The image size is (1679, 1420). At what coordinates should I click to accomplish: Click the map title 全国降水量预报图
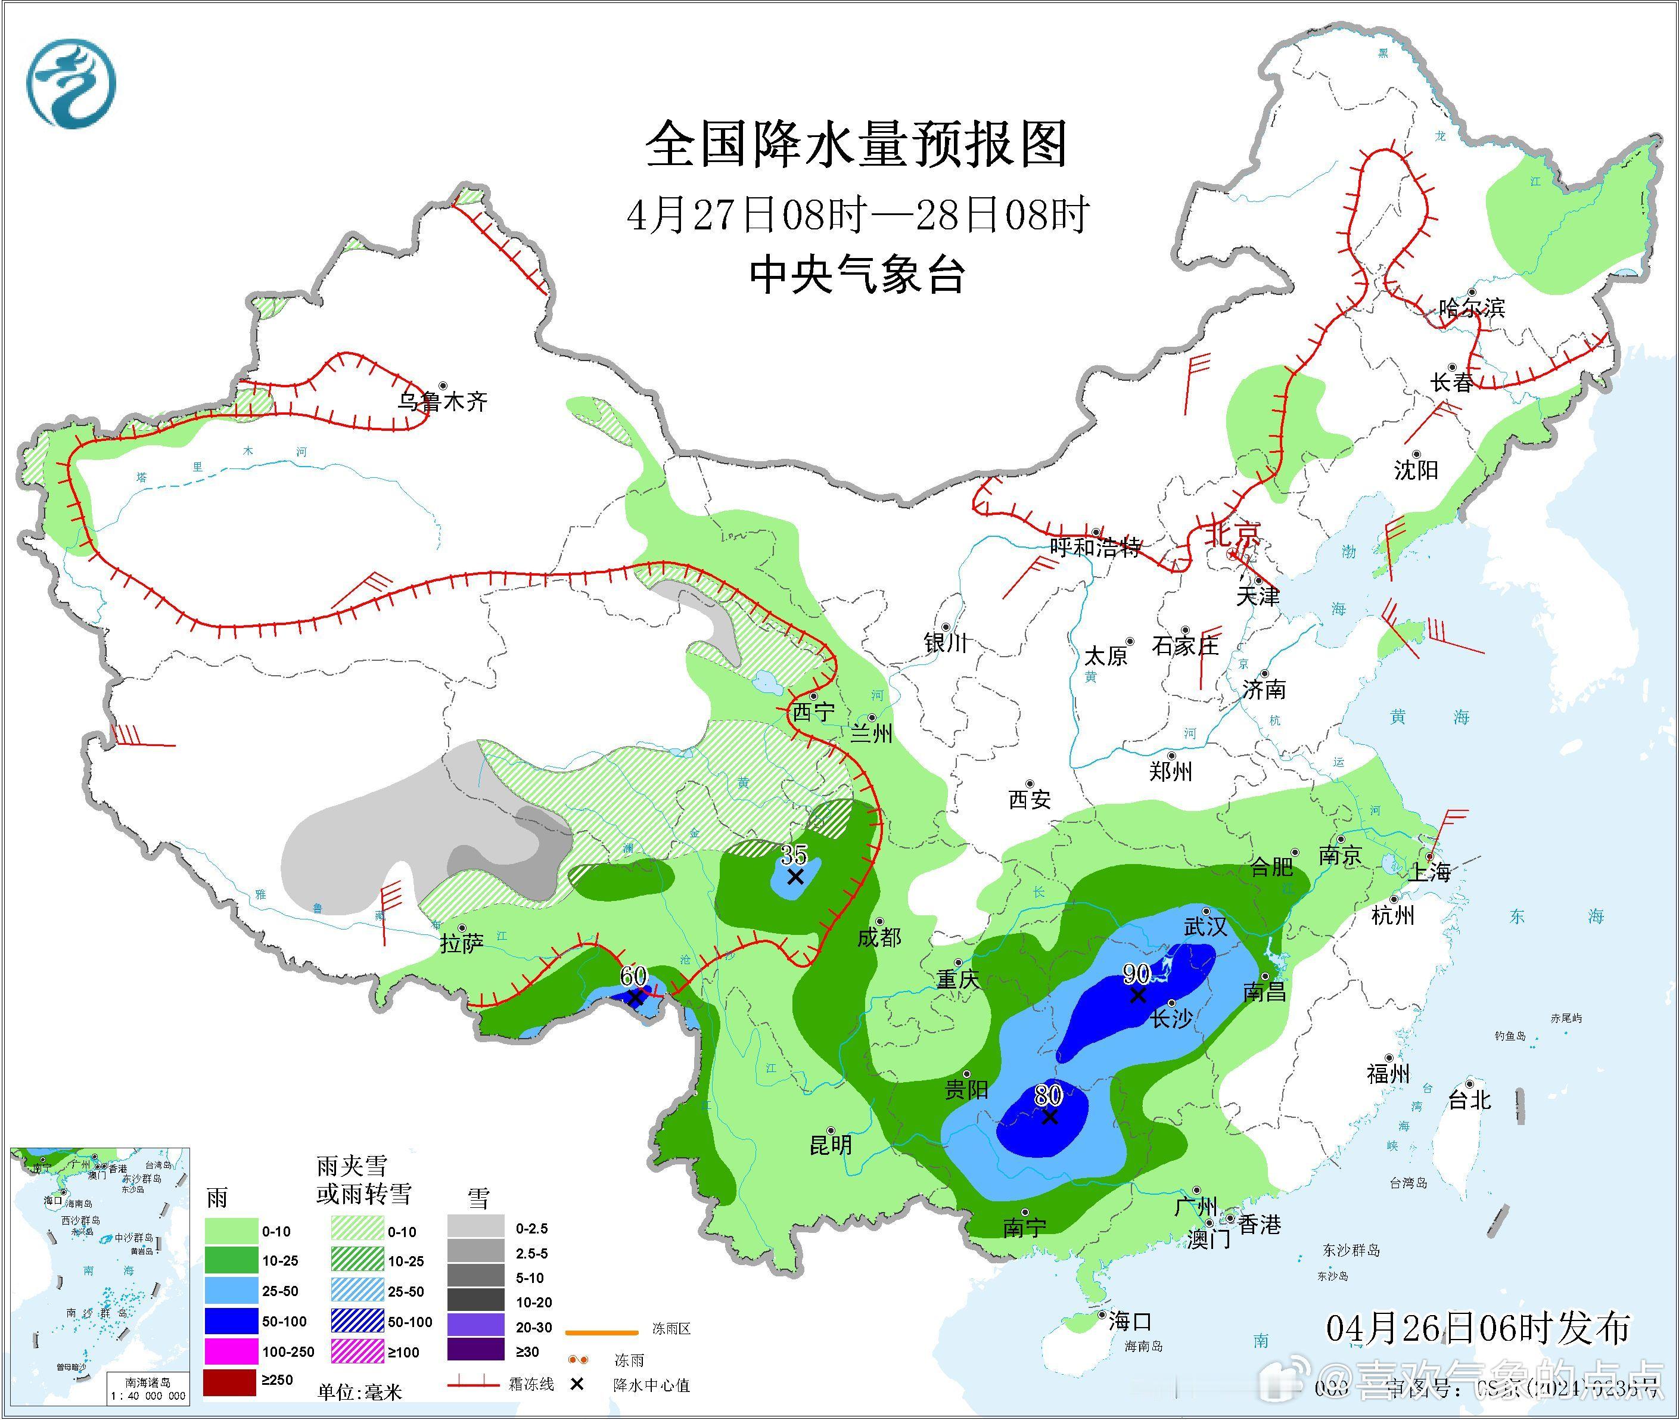[x=856, y=145]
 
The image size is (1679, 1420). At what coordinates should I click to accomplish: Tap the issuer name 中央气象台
[x=856, y=275]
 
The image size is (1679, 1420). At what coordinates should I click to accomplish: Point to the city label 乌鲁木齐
[x=443, y=401]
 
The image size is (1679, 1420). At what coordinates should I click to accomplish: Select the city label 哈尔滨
[x=1471, y=307]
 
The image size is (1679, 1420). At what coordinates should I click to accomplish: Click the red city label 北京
[x=1232, y=533]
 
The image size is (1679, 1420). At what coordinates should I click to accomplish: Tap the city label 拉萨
[x=461, y=943]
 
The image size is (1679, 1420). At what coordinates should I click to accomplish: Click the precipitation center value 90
[x=1136, y=975]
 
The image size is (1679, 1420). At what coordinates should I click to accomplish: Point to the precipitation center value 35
[x=794, y=854]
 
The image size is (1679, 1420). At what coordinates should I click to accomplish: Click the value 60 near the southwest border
[x=633, y=975]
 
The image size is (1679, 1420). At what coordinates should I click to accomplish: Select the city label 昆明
[x=831, y=1145]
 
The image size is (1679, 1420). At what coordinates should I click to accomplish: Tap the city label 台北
[x=1470, y=1099]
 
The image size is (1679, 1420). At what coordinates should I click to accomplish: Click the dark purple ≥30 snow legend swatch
[x=475, y=1351]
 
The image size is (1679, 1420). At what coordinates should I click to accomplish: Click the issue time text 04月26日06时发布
[x=1478, y=1328]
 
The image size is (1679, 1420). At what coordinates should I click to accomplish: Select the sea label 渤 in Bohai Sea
[x=1348, y=551]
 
